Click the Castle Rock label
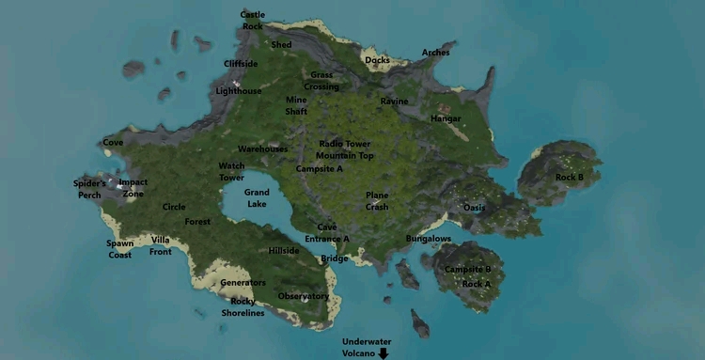coord(252,20)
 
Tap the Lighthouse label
coord(239,91)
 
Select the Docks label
coord(377,60)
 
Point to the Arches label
coord(435,53)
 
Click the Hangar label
coord(446,119)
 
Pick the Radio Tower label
coord(345,144)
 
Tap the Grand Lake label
coord(257,198)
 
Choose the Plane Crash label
coord(377,201)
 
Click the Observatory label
coord(304,296)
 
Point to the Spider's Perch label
coord(88,189)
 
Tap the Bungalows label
coord(429,239)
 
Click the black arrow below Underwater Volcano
coord(384,353)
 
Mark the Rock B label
coord(569,177)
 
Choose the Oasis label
coord(475,208)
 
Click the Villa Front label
coord(161,245)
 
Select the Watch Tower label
coord(231,172)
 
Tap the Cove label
coord(113,143)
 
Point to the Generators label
coord(243,282)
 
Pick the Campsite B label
coord(467,269)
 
